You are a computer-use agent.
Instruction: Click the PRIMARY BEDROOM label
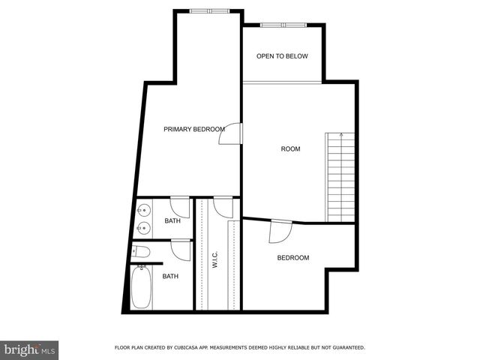click(194, 129)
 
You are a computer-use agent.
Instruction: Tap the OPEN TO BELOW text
click(282, 56)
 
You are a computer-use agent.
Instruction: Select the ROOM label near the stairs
click(290, 148)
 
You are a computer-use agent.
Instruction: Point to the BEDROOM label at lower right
click(293, 258)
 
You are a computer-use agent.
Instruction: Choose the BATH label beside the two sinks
click(172, 220)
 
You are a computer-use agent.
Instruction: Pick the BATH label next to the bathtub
click(170, 276)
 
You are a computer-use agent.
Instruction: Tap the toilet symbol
click(142, 251)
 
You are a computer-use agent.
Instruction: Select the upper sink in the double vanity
click(142, 210)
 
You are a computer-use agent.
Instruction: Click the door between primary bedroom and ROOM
click(235, 133)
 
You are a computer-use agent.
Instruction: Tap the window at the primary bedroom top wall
click(209, 10)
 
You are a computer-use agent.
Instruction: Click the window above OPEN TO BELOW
click(283, 25)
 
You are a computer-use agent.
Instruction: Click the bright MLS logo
click(29, 349)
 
